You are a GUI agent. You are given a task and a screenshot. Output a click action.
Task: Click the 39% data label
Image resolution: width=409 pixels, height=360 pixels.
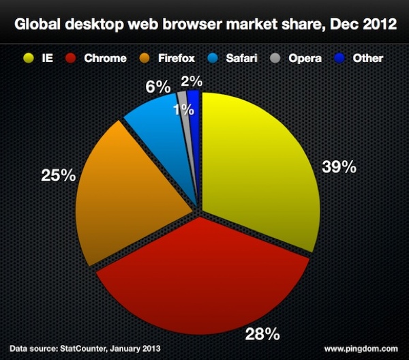[x=339, y=167]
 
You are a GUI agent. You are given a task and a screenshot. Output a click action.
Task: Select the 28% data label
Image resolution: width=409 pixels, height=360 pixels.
[x=262, y=333]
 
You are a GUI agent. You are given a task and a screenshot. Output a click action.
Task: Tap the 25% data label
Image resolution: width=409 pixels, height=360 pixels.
[x=58, y=175]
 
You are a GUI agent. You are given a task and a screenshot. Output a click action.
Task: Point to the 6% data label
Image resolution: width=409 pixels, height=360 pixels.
[x=157, y=87]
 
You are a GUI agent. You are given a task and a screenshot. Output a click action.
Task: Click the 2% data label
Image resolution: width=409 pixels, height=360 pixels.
[x=192, y=81]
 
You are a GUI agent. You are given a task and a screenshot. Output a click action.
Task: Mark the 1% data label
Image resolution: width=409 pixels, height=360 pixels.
[x=183, y=110]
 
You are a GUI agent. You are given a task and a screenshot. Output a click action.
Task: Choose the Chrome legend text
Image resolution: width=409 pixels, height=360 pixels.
[x=105, y=58]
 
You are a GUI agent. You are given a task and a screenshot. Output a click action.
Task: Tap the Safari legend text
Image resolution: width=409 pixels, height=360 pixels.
[x=242, y=58]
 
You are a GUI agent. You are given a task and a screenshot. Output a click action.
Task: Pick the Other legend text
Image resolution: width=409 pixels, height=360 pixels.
[x=368, y=58]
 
